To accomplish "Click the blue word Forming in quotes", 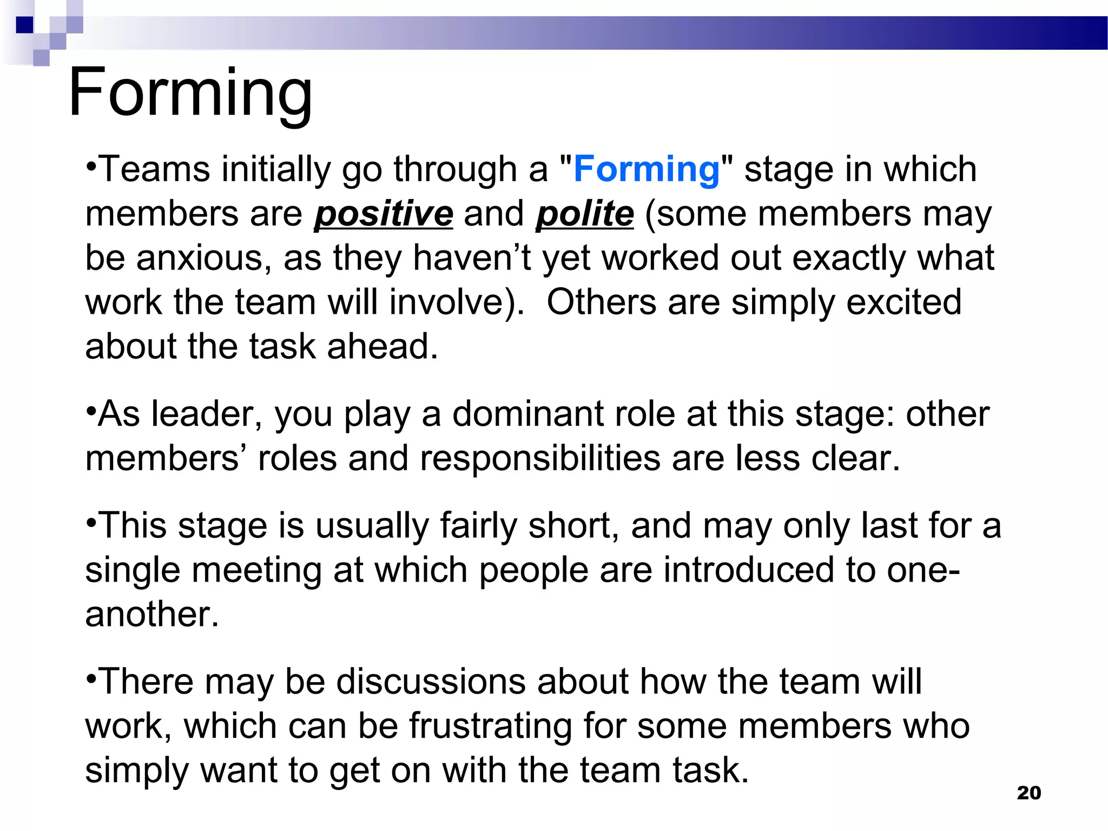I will tap(647, 169).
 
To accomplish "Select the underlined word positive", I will tap(383, 214).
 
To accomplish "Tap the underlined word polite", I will tap(584, 214).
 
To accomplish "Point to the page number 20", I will tap(1028, 793).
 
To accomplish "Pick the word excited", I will tap(903, 302).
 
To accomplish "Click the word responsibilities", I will tap(540, 459).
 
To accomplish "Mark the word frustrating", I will tap(490, 726).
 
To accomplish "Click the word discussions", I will tap(431, 681).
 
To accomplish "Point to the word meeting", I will tap(257, 571).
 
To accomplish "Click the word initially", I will tap(275, 170).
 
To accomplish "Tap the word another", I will tap(151, 615).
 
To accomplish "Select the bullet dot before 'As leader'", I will tap(91, 408).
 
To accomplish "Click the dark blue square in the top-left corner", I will tap(24, 25).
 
